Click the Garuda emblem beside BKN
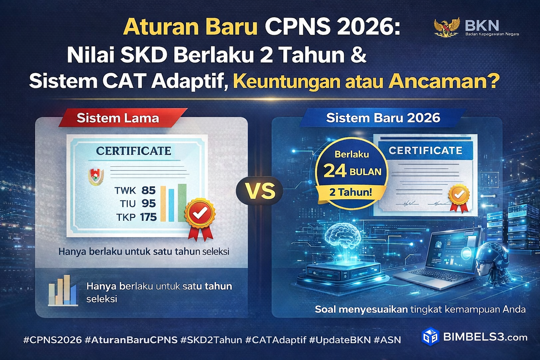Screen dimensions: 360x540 pos(446,27)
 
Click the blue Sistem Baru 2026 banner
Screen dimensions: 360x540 pos(383,118)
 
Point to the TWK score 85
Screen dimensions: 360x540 pos(148,191)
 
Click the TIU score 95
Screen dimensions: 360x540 pos(148,204)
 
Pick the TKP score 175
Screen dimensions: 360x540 pos(148,217)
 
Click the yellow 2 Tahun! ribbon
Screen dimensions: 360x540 pos(351,192)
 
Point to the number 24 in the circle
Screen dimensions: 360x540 pos(335,171)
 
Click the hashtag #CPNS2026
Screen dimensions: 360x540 pos(52,340)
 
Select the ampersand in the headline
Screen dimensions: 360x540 pos(359,55)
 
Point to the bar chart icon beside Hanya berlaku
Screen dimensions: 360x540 pos(63,290)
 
